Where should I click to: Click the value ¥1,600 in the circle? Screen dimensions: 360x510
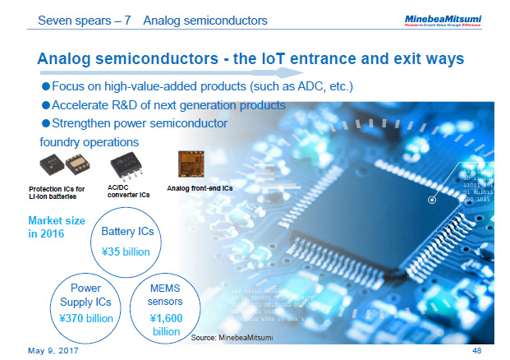[x=166, y=317]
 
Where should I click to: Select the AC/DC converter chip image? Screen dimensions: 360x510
[x=127, y=166]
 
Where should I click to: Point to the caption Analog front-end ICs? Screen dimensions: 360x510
[x=201, y=188]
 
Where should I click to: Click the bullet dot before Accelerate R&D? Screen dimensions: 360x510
[x=46, y=106]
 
